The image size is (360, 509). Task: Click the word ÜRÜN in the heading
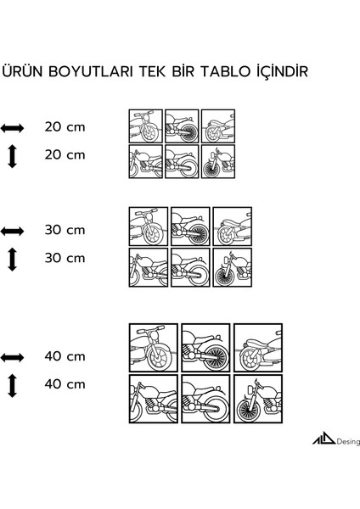point(23,71)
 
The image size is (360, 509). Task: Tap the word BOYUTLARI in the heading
point(91,72)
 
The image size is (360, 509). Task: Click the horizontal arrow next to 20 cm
point(12,128)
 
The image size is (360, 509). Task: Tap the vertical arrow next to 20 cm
point(12,156)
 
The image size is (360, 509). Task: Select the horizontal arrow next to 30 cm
point(12,232)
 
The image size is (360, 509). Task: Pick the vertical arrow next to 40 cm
point(12,386)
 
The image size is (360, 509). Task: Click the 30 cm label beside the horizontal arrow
point(65,230)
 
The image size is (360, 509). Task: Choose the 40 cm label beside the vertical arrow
point(65,384)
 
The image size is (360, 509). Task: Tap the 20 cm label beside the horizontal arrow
point(65,127)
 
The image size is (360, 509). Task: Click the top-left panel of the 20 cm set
point(145,126)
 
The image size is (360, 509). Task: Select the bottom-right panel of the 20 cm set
point(218,161)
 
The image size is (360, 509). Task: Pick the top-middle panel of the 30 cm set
point(190,227)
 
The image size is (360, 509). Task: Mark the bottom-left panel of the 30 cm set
point(149,267)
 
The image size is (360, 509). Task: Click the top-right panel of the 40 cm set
point(258,348)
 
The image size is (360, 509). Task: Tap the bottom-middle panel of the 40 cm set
point(205,399)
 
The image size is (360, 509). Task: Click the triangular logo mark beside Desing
point(324,439)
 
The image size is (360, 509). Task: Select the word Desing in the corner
point(348,442)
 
